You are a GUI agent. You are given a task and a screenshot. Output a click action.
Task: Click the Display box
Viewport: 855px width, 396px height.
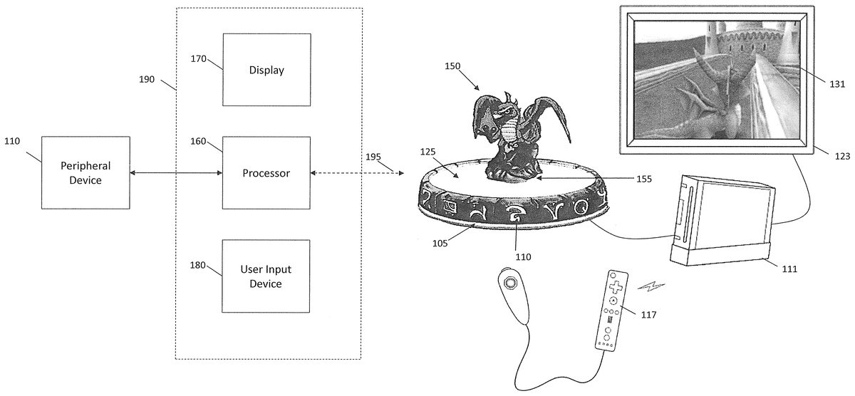266,70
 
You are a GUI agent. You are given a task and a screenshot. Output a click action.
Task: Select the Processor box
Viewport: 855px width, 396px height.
266,173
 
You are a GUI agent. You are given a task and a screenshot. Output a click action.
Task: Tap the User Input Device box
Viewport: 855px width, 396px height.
266,277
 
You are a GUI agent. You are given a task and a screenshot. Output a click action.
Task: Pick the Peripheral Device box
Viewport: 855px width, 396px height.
85,173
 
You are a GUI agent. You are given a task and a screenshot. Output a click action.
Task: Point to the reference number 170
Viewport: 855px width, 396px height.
197,58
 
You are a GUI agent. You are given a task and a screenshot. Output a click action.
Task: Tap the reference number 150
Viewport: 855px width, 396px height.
452,66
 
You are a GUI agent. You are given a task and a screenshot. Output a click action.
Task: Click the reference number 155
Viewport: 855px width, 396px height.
643,179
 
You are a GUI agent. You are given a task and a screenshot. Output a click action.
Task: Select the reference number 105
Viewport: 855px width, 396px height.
440,242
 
